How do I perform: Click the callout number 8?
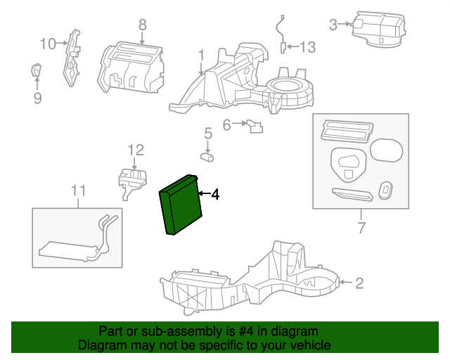click(x=142, y=25)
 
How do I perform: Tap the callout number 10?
click(x=47, y=44)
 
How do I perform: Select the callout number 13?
click(x=309, y=47)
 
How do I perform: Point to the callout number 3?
click(x=334, y=25)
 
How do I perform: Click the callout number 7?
click(x=361, y=228)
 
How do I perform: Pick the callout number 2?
click(x=359, y=283)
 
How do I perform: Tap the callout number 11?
click(x=78, y=190)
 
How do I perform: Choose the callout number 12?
click(x=135, y=149)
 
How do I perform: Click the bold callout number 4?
click(x=215, y=194)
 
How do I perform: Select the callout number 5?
click(x=208, y=132)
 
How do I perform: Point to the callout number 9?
click(x=37, y=98)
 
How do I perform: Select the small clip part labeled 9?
click(x=36, y=70)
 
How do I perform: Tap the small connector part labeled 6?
click(x=254, y=127)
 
